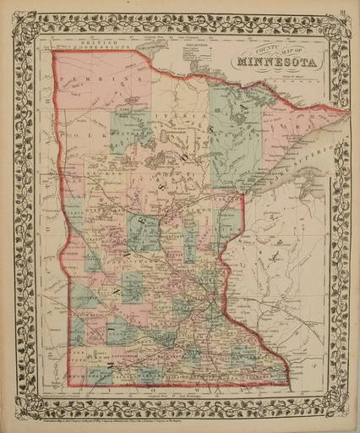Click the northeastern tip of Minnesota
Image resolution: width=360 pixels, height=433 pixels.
346,108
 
